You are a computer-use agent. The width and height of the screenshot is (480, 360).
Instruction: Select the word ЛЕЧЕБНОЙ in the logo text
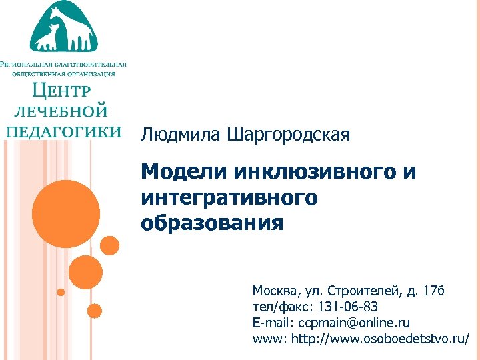point(61,111)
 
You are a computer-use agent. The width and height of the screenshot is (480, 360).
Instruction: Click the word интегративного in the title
point(229,198)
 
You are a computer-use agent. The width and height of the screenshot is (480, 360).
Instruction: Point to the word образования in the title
point(212,223)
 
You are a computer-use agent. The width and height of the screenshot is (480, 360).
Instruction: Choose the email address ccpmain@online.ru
point(354,323)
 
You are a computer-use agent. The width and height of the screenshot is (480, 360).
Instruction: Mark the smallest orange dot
point(61,292)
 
